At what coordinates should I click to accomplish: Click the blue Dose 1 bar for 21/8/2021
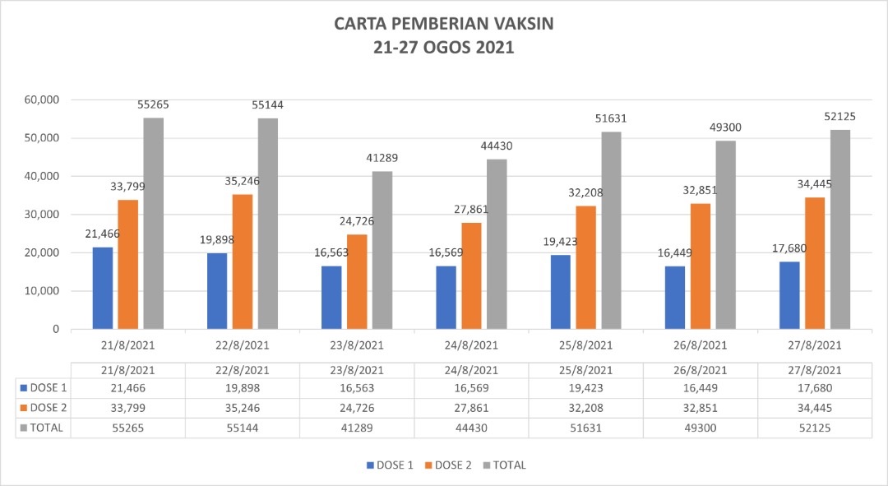(103, 288)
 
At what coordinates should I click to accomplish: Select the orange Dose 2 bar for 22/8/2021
(243, 262)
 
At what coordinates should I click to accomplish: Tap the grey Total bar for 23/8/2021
(382, 250)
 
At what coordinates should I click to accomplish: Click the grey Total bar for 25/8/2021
(611, 230)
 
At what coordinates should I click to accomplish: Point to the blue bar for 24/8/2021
(446, 297)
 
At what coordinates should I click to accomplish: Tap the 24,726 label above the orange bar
(358, 221)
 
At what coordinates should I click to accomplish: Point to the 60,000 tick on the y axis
(42, 100)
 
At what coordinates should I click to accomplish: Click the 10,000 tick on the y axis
(42, 291)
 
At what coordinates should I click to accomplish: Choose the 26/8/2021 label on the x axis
(701, 345)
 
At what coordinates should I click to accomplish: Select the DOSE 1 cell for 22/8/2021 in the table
(243, 387)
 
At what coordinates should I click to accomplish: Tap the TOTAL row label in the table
(46, 428)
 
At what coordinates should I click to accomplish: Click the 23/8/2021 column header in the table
(358, 370)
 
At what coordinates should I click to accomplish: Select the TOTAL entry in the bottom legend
(503, 465)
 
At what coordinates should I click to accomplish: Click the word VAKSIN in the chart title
(517, 24)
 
